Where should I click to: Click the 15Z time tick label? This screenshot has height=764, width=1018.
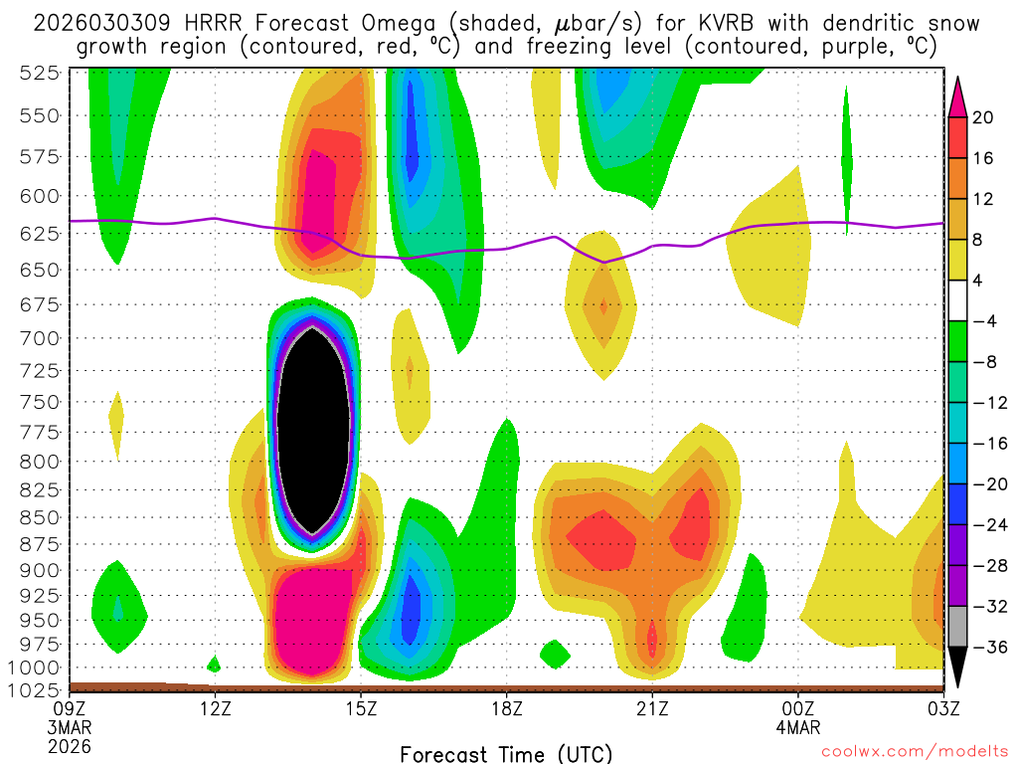coord(361,708)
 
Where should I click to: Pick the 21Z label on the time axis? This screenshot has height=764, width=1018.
coord(652,708)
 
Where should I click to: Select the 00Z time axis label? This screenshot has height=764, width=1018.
coord(798,708)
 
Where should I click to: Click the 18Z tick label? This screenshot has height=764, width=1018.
coord(506,708)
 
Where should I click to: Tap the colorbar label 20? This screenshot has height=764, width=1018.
coord(983,117)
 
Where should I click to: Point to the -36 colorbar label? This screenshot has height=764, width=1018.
coord(987,648)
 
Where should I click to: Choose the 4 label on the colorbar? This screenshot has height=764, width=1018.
coord(978,281)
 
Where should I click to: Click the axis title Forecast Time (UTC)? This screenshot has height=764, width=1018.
coord(506,753)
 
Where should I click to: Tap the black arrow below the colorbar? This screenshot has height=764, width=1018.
coord(958,668)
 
